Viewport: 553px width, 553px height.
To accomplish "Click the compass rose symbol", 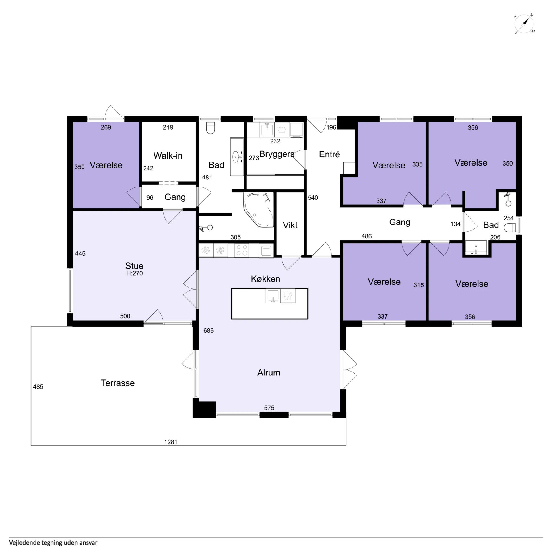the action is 524,24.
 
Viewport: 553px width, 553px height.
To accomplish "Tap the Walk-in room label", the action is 168,156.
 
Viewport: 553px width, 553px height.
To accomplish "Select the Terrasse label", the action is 118,383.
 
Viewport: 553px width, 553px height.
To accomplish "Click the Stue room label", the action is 134,266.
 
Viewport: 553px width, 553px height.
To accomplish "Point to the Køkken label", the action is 265,279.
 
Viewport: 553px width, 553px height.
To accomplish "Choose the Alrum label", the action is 269,372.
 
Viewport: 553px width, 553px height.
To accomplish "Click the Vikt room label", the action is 290,225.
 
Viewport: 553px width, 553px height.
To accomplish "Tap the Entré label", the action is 329,154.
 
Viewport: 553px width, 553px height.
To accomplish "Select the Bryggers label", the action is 277,154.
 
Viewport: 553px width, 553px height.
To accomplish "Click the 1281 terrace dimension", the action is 171,442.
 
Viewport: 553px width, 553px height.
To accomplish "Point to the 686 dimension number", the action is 209,330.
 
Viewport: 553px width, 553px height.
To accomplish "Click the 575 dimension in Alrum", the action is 269,408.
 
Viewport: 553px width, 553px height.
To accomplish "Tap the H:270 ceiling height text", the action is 135,273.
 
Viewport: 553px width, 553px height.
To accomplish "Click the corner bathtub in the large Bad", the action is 258,210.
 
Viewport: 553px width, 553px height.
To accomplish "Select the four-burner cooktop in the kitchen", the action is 242,250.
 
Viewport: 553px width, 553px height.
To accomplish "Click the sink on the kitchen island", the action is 273,296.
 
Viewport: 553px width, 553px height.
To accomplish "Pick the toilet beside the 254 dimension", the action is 510,228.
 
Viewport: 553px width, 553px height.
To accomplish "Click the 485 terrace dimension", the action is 38,387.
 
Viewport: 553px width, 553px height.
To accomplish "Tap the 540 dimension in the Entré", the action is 313,198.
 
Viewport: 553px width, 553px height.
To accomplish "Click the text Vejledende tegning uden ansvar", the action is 53,543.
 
